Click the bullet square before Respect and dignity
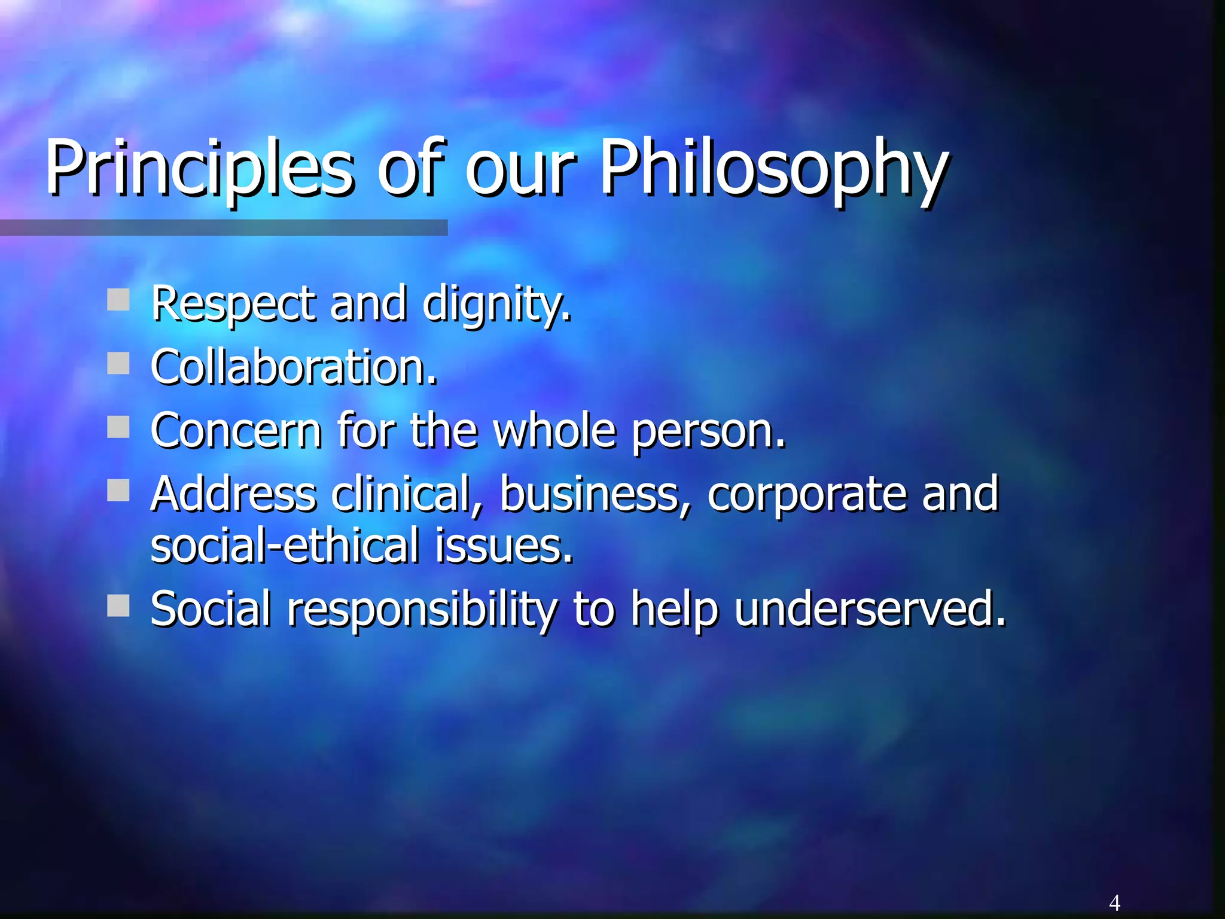coord(118,300)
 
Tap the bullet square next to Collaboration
coord(118,363)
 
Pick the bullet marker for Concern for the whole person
coord(118,427)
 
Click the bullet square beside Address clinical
coord(118,491)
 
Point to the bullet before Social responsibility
coord(118,605)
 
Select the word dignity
coord(496,304)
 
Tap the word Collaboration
coord(293,367)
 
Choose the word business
coord(595,494)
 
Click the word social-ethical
coord(285,546)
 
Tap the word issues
coord(504,546)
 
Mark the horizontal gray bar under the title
coord(224,227)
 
